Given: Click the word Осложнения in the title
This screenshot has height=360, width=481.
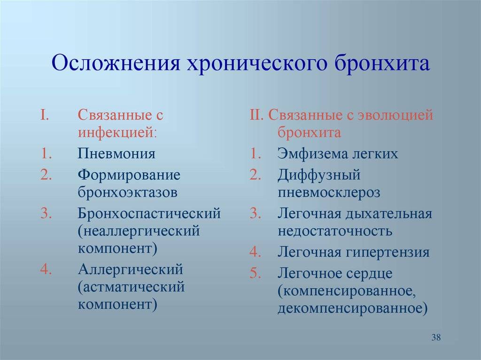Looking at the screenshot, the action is click(x=116, y=63).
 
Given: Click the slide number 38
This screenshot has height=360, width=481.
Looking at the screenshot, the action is click(x=436, y=337).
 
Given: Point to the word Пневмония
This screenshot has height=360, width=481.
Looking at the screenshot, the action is click(x=116, y=153).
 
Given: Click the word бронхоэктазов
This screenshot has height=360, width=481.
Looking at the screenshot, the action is click(x=128, y=192).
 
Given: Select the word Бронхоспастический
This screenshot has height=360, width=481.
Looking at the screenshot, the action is click(x=149, y=214).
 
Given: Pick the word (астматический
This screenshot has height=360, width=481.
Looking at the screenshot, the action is click(x=132, y=287).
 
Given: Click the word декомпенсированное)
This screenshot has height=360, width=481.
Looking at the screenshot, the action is click(x=352, y=308).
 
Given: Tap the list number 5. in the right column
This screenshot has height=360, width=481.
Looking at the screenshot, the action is click(x=255, y=273).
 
